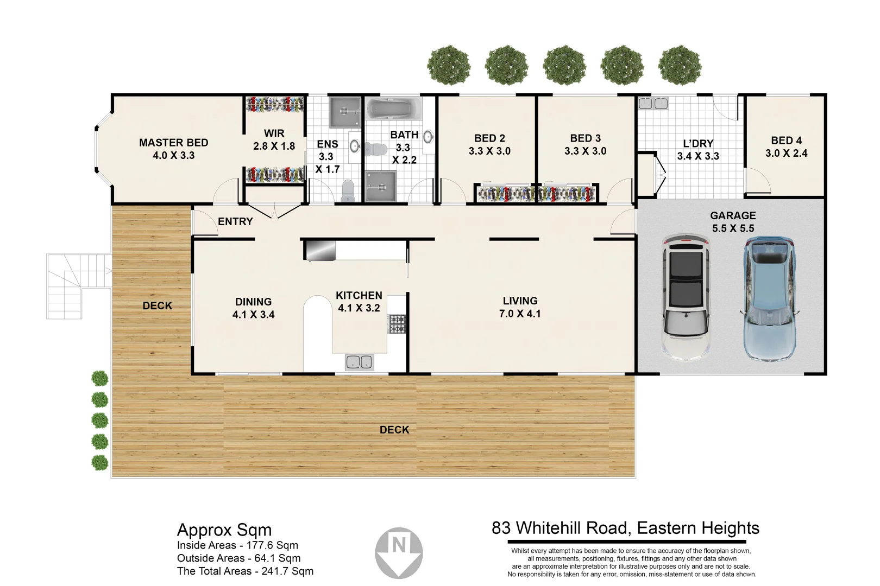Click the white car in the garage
(x=686, y=297)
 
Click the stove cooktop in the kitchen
(x=397, y=324)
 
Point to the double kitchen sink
(x=359, y=362)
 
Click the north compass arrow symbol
(x=399, y=552)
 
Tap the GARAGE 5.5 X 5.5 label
(x=733, y=222)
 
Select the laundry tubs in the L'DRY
(x=653, y=104)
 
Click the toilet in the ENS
(x=348, y=191)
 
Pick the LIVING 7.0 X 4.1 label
(x=520, y=307)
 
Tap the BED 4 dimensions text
(x=786, y=154)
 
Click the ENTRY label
(x=235, y=221)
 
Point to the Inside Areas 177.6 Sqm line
(x=237, y=545)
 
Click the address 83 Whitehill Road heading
(x=625, y=528)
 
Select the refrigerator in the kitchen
(x=319, y=251)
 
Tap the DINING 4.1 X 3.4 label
(x=253, y=308)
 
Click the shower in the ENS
(x=345, y=113)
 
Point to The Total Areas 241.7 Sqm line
(x=245, y=571)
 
